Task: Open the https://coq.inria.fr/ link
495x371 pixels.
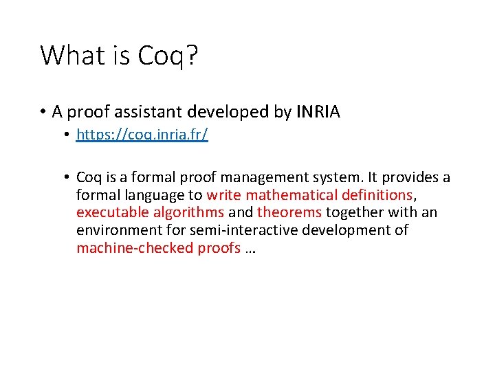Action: tap(142, 135)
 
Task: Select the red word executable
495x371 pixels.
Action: tap(112, 213)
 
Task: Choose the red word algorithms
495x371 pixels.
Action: tap(189, 213)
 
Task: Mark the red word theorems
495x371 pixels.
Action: tap(289, 213)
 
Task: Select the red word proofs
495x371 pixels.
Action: tap(219, 248)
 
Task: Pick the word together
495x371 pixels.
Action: tap(355, 213)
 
